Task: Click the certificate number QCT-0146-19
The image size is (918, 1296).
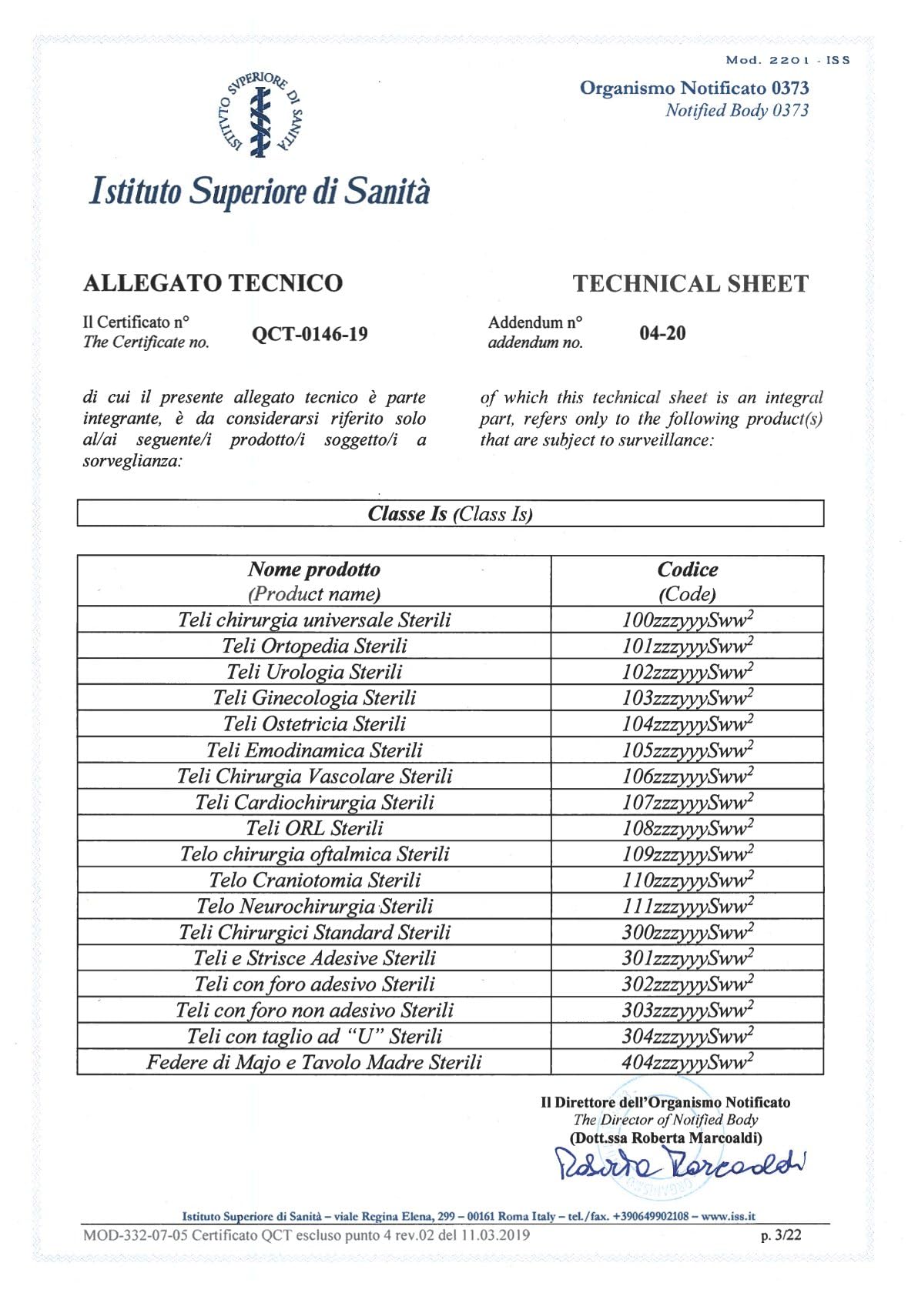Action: click(x=310, y=334)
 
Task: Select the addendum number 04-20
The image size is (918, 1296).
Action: click(x=662, y=333)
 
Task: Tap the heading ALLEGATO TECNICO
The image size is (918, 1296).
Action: click(x=213, y=283)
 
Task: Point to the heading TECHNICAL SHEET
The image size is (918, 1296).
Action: click(x=690, y=284)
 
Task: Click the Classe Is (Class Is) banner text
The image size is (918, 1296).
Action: click(x=450, y=514)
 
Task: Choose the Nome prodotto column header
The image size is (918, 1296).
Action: click(x=314, y=581)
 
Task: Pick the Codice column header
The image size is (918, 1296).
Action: click(x=687, y=581)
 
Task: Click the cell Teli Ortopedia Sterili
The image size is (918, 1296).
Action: click(x=314, y=646)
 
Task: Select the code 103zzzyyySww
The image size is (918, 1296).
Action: click(x=687, y=698)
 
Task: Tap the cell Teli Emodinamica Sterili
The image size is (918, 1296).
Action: click(x=314, y=750)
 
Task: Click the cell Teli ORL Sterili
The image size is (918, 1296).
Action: click(x=314, y=828)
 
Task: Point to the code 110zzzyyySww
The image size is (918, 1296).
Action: click(x=687, y=880)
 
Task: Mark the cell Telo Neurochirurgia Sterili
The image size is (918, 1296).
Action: click(x=314, y=907)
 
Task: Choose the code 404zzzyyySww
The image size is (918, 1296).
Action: click(x=687, y=1063)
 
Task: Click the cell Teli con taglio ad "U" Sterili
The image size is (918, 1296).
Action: click(x=314, y=1037)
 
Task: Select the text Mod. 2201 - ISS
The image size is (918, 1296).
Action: click(x=788, y=60)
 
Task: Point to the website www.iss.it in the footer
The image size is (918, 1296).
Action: click(x=728, y=1217)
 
